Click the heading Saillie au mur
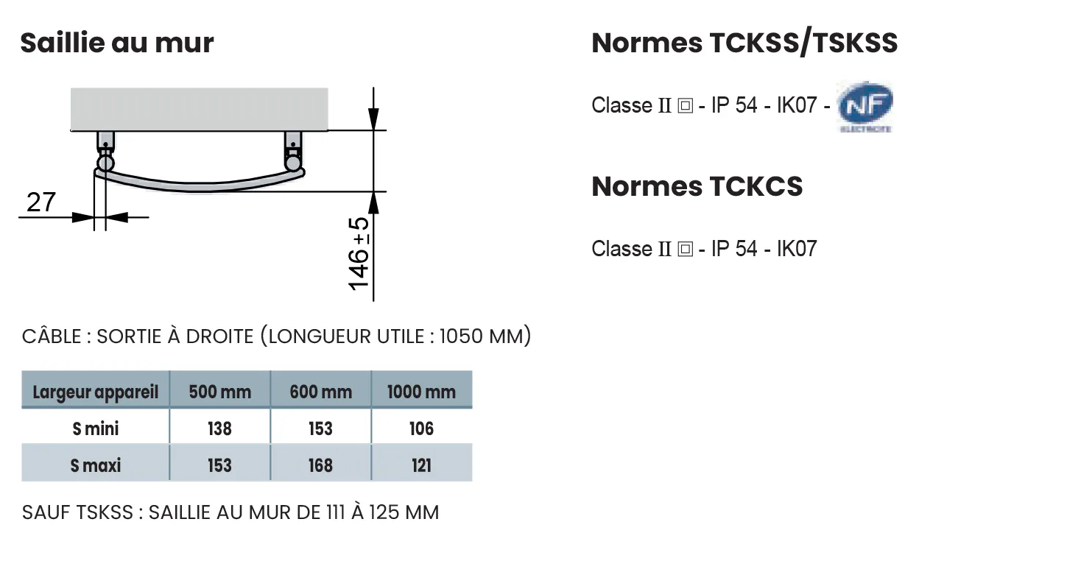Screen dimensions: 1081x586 (x=117, y=43)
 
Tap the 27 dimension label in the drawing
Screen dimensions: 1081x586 (x=41, y=202)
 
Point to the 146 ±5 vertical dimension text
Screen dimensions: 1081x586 (x=359, y=254)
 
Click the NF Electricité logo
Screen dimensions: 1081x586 (x=865, y=107)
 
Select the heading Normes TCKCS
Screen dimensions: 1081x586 (x=697, y=186)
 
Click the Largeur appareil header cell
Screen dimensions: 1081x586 (x=96, y=392)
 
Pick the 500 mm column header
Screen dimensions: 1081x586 (x=220, y=392)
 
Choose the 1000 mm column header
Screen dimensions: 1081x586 (x=421, y=392)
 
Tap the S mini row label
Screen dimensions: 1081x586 (x=96, y=428)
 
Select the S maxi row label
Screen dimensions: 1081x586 (x=96, y=465)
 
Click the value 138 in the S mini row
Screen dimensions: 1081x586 (x=219, y=428)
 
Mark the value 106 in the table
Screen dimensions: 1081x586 (x=421, y=428)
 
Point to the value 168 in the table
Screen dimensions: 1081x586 (x=320, y=465)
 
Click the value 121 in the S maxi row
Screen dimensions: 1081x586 (x=421, y=465)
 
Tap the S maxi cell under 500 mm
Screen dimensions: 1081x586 (x=219, y=465)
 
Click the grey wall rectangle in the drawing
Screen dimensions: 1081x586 (x=200, y=109)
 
